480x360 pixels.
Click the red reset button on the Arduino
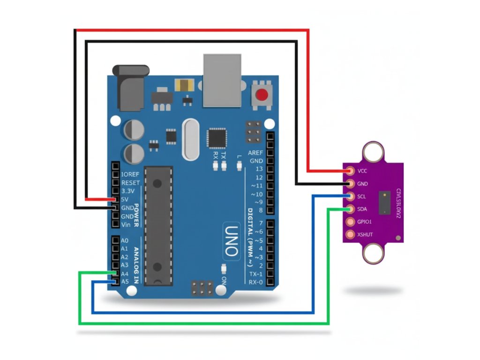(x=262, y=95)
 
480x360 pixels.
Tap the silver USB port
(x=224, y=80)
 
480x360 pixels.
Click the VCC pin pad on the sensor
(x=349, y=171)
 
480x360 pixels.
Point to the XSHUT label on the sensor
(x=365, y=234)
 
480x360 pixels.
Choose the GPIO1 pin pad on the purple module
(x=349, y=222)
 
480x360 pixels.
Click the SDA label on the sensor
(x=362, y=209)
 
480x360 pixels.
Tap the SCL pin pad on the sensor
(x=349, y=196)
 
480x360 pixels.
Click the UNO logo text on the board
(x=232, y=241)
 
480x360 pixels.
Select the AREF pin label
(x=255, y=153)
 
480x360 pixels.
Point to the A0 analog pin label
(x=124, y=240)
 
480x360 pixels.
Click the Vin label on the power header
(x=126, y=225)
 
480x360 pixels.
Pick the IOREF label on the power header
(x=129, y=174)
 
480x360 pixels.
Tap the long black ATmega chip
(x=158, y=225)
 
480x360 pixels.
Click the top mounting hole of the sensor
(x=374, y=151)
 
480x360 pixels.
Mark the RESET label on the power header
(x=130, y=182)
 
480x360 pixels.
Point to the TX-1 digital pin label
(x=255, y=274)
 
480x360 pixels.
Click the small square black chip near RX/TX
(x=217, y=138)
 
